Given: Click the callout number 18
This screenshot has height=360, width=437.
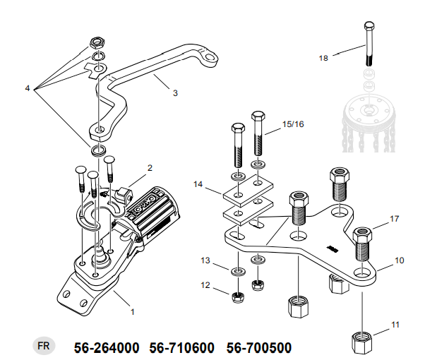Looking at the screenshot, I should click(324, 58).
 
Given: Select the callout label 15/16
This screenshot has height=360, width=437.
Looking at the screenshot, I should click(292, 124).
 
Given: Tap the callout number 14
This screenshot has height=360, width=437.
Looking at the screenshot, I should click(198, 185).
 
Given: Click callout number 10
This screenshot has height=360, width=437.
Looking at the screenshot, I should click(399, 260).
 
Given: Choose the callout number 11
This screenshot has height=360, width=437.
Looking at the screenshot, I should click(395, 324).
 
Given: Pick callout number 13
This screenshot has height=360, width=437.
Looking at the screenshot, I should click(205, 260).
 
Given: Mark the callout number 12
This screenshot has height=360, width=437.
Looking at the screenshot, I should click(205, 285).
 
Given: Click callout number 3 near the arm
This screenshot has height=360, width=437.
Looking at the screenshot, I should click(175, 92).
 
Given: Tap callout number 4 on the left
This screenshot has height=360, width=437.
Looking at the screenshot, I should click(28, 88).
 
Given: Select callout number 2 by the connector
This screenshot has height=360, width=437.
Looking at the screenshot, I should click(150, 167).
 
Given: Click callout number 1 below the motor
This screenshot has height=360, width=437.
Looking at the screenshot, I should click(131, 309).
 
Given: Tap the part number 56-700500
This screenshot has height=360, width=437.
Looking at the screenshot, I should click(258, 348).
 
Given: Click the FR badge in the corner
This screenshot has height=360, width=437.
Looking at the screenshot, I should click(43, 347).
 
